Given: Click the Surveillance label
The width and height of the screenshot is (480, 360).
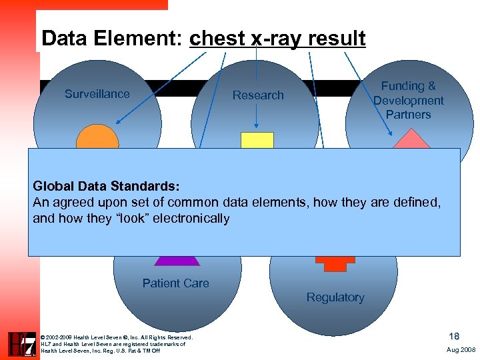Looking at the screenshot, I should [97, 94].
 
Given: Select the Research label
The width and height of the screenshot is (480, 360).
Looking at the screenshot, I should [258, 95].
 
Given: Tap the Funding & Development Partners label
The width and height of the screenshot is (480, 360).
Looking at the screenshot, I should [408, 100].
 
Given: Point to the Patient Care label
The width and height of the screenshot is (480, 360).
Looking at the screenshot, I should [175, 283].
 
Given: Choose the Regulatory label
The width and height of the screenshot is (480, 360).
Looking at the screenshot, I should [335, 297].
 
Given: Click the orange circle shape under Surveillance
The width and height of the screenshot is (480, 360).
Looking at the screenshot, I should [97, 138].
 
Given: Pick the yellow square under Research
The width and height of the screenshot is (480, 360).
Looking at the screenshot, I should [257, 140].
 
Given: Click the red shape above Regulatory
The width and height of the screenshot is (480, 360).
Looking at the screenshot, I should [335, 263].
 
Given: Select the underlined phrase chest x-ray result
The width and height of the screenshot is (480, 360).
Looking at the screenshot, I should [277, 39].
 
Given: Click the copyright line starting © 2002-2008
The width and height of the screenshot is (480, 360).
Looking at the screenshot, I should [117, 337].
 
